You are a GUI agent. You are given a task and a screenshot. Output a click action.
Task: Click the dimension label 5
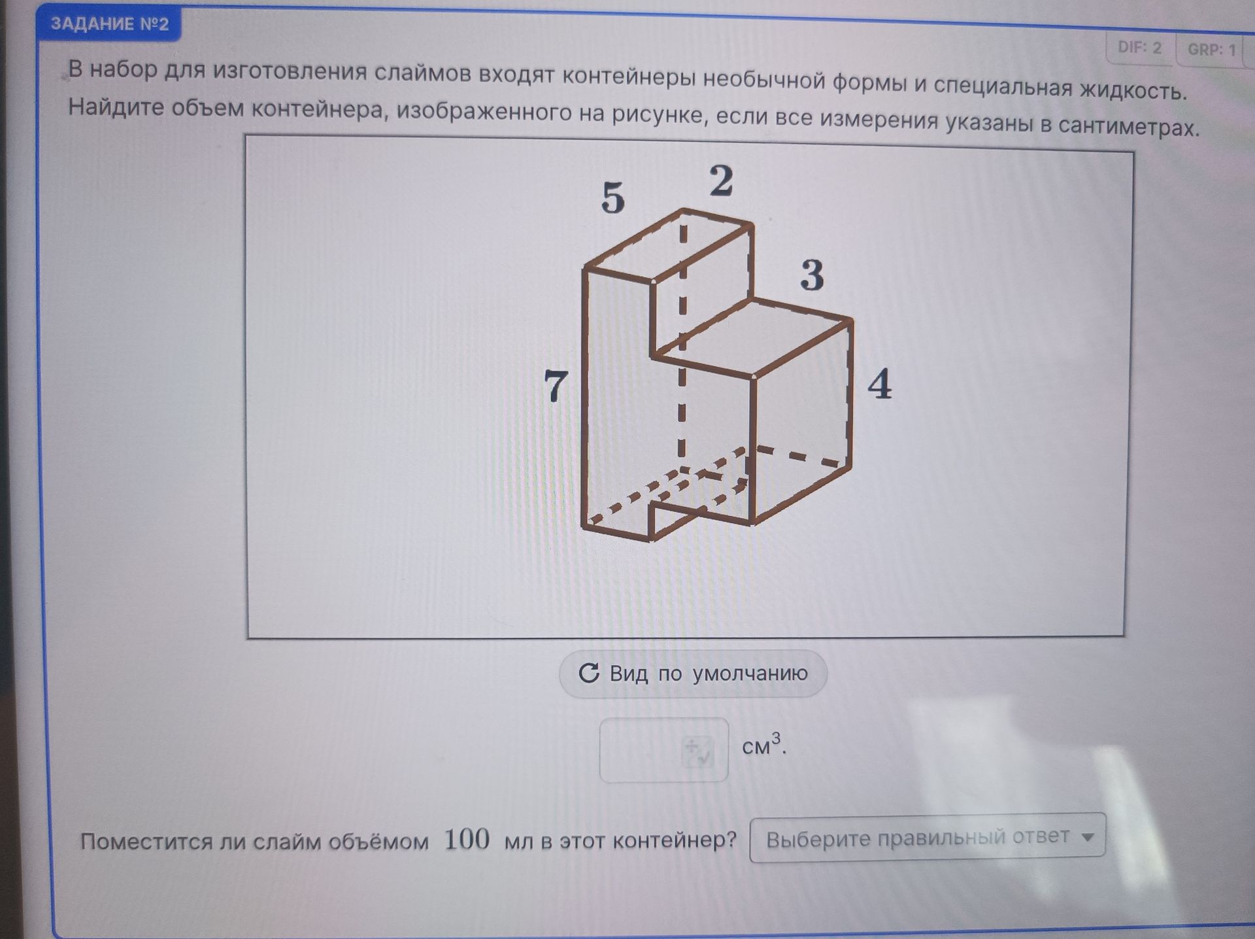[x=613, y=197]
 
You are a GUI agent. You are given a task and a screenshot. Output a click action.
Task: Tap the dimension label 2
[x=722, y=180]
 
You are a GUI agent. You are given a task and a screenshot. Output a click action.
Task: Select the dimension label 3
[x=812, y=275]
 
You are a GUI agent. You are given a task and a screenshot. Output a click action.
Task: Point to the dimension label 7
[x=556, y=386]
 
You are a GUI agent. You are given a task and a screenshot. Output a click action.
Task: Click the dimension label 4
[x=880, y=384]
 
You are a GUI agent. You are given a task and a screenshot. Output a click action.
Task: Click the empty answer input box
[x=663, y=750]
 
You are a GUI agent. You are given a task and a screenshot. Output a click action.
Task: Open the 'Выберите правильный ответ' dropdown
[x=928, y=838]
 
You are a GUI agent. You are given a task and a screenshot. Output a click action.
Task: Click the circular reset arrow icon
[x=589, y=673]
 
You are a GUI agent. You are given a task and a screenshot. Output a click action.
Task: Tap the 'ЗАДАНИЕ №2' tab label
[x=109, y=24]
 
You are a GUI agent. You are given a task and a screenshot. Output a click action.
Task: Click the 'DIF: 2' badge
[x=1140, y=48]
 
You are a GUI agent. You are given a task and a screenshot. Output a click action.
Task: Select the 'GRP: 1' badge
[x=1212, y=50]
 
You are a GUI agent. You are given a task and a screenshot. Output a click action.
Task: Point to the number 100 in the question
[x=467, y=840]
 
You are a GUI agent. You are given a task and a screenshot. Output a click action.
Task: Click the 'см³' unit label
[x=763, y=745]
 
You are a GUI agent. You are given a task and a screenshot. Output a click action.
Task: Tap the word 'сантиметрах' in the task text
[x=1129, y=127]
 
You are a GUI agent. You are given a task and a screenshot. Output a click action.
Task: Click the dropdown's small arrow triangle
[x=1088, y=837]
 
